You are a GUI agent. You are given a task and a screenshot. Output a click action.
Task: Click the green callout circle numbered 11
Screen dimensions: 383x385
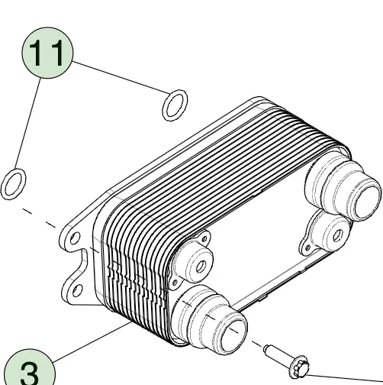tap(47, 53)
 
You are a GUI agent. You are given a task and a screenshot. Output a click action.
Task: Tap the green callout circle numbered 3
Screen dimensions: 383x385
tap(30, 367)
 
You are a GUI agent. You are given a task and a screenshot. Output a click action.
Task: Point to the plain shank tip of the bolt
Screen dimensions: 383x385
tap(267, 348)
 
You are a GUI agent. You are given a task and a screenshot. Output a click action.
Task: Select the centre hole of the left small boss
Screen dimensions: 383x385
tap(201, 267)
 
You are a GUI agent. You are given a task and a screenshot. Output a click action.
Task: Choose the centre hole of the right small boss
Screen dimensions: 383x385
tap(337, 235)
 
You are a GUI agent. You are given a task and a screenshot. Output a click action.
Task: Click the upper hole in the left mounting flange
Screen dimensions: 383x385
tap(75, 238)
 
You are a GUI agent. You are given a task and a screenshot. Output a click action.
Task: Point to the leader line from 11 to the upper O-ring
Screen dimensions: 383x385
tap(120, 77)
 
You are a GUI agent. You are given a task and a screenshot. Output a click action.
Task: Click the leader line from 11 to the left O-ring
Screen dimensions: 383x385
tap(27, 124)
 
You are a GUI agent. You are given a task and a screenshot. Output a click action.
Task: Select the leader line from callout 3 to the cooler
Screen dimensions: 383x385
tap(93, 341)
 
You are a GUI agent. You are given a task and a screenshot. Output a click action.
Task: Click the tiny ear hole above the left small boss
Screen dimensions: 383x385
tap(204, 239)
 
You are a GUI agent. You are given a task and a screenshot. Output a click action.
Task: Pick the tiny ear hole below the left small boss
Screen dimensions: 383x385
tap(175, 283)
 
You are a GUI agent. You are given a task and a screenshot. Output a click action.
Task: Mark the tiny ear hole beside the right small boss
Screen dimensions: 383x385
tap(307, 247)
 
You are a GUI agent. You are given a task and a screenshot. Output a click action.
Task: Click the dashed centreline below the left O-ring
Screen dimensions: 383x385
tap(40, 218)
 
